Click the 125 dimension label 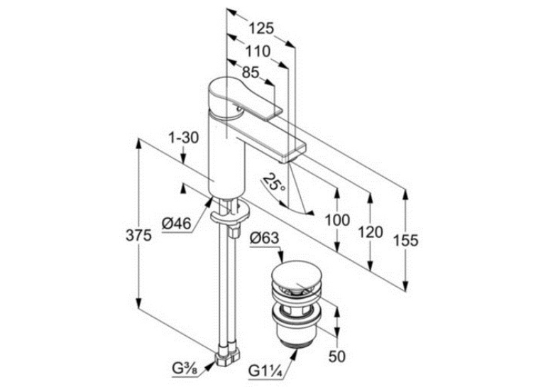pyautogui.click(x=261, y=28)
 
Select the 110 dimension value pyautogui.click(x=258, y=52)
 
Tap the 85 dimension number pyautogui.click(x=251, y=72)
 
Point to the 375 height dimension pyautogui.click(x=138, y=235)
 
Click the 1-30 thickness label pyautogui.click(x=184, y=138)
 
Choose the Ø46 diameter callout pyautogui.click(x=177, y=224)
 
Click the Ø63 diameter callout pyautogui.click(x=264, y=238)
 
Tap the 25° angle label pyautogui.click(x=274, y=182)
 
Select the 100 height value pyautogui.click(x=337, y=220)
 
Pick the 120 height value pyautogui.click(x=371, y=232)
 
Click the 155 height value pyautogui.click(x=406, y=241)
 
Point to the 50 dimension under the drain pyautogui.click(x=337, y=356)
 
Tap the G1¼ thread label pyautogui.click(x=266, y=371)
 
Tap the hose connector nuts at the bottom pyautogui.click(x=227, y=357)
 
